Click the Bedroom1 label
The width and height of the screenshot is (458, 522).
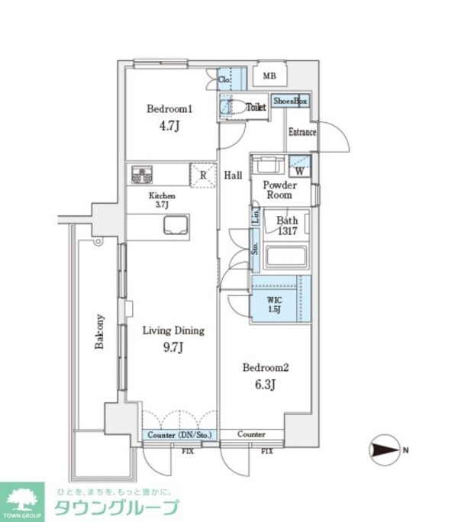pyautogui.click(x=169, y=109)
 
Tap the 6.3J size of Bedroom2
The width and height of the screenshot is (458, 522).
pyautogui.click(x=266, y=385)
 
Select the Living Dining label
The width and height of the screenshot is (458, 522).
pyautogui.click(x=174, y=331)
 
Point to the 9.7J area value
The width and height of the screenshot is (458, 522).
pyautogui.click(x=174, y=348)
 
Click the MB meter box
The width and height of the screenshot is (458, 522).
pyautogui.click(x=269, y=75)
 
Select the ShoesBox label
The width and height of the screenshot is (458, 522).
pyautogui.click(x=291, y=101)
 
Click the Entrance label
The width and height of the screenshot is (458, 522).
pyautogui.click(x=302, y=133)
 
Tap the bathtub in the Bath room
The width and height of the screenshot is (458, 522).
pyautogui.click(x=285, y=256)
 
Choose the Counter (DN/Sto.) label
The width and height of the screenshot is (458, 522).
pyautogui.click(x=179, y=435)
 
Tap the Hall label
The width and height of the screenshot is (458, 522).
pyautogui.click(x=233, y=176)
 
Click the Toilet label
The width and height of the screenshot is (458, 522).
pyautogui.click(x=256, y=108)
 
